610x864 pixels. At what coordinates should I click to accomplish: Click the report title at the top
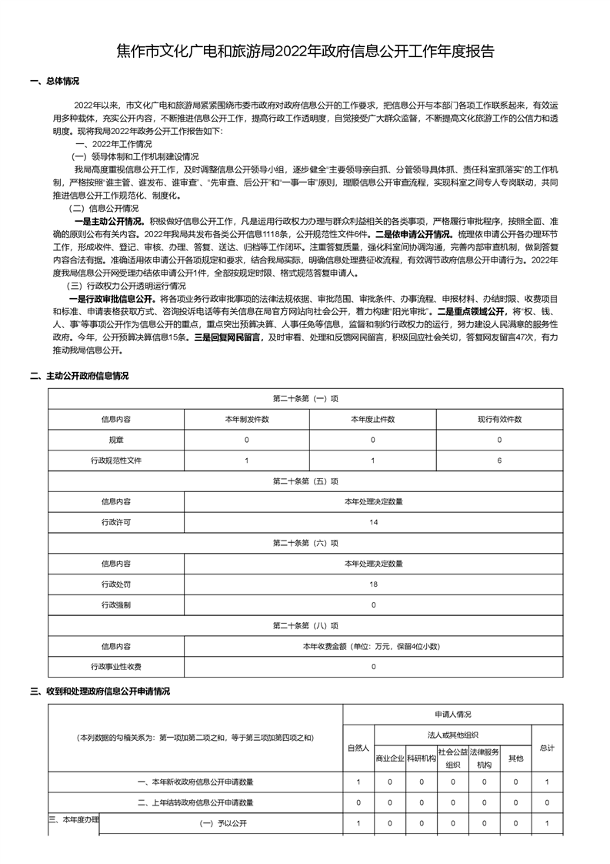point(305,52)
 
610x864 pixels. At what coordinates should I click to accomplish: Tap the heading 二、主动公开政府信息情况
point(79,376)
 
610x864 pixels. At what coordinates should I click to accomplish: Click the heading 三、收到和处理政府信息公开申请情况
point(99,692)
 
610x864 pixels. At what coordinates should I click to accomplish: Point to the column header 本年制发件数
point(246,419)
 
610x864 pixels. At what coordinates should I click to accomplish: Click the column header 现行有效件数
point(499,419)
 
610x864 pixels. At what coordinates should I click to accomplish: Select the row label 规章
point(115,440)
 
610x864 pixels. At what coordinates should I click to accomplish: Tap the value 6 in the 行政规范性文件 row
point(499,460)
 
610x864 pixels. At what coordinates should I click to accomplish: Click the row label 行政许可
point(115,522)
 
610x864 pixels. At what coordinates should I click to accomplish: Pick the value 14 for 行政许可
point(373,522)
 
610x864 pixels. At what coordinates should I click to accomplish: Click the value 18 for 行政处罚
point(373,584)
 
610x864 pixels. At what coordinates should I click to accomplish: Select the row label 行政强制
point(115,605)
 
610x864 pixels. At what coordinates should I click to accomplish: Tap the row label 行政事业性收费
point(115,667)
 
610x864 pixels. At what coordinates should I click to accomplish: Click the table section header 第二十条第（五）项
point(305,481)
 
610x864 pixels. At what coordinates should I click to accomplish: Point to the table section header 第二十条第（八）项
point(305,626)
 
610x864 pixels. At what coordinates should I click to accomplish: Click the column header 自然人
point(358,748)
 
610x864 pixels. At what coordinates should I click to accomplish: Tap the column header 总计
point(546,748)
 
